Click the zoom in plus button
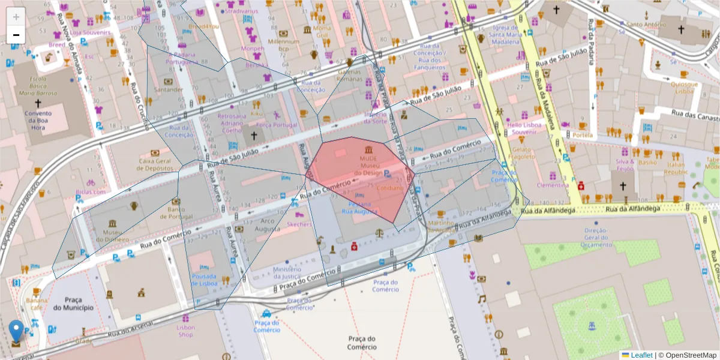(16, 17)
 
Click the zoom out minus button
(16, 35)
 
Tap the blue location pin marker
(16, 330)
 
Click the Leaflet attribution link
(641, 355)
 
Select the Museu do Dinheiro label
(112, 236)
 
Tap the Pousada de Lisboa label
(203, 280)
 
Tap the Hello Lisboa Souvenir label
(524, 128)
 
